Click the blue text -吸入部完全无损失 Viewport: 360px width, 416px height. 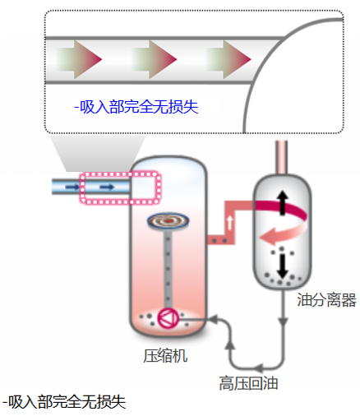[136, 107]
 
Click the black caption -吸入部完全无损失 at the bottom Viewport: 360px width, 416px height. [64, 402]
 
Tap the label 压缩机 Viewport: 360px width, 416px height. [165, 356]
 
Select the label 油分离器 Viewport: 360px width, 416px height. [326, 299]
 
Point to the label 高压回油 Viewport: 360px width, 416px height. [248, 383]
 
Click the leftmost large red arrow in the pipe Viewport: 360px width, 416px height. [80, 59]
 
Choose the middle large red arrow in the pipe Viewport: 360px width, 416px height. [155, 59]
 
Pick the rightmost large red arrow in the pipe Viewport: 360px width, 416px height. [228, 59]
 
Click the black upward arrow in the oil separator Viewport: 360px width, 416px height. [283, 203]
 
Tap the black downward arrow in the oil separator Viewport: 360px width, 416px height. [282, 266]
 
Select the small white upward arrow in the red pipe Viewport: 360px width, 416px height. [230, 223]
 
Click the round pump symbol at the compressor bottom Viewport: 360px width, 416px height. [168, 318]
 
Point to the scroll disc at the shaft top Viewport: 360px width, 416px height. [168, 220]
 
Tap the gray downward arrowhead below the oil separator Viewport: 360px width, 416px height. [283, 321]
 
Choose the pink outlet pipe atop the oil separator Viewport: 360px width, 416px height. [282, 157]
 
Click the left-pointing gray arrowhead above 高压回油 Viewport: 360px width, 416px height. [258, 367]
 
